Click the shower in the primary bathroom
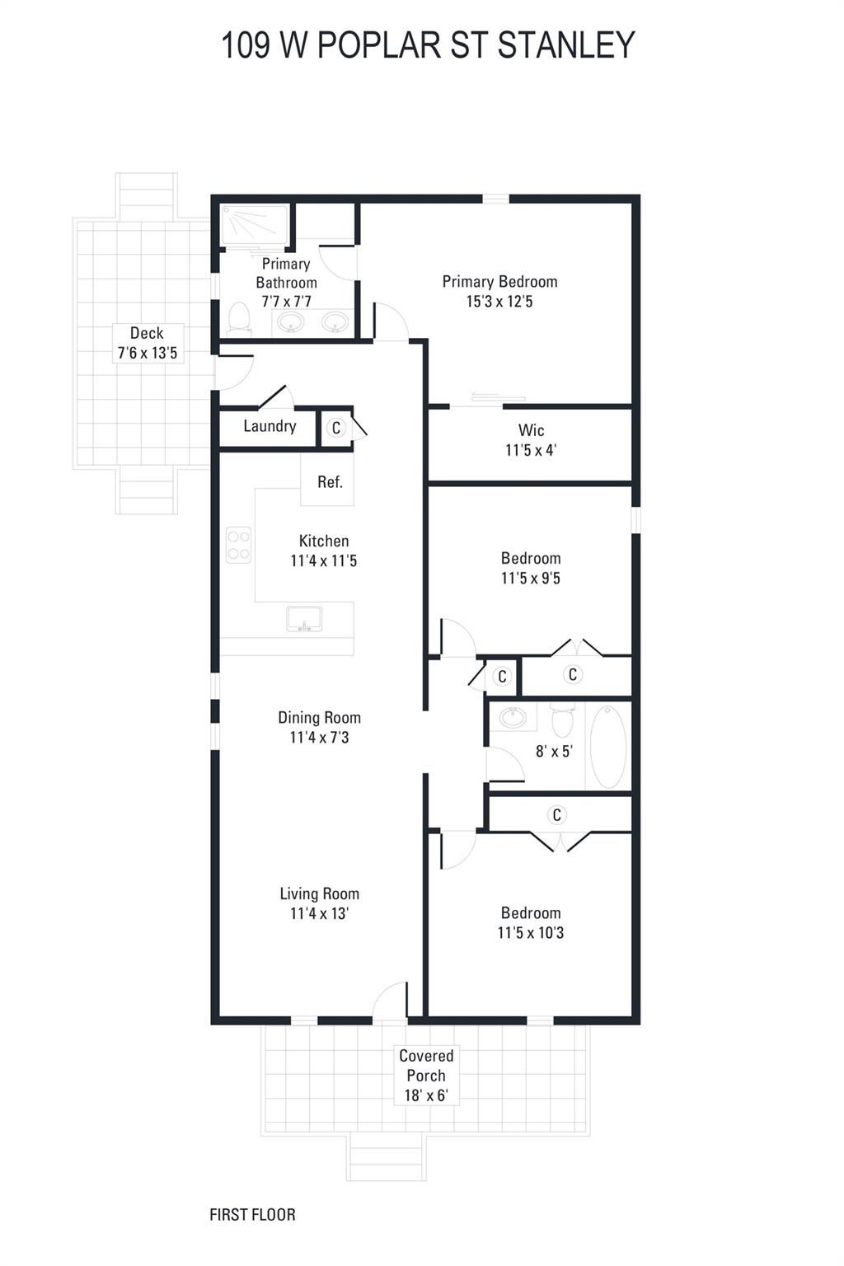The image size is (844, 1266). [255, 225]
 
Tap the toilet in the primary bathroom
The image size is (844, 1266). [239, 319]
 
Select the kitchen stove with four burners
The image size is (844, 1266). [239, 545]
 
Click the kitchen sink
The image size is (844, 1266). [304, 618]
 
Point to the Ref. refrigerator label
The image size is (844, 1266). [330, 482]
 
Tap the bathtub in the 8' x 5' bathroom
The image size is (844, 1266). [608, 747]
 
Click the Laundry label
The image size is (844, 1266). [270, 426]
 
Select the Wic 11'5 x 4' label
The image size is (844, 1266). [531, 440]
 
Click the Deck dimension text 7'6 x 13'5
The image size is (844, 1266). [147, 354]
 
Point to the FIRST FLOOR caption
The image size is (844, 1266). [252, 1214]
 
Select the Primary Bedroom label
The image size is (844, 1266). [499, 282]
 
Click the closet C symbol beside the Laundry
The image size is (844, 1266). [335, 428]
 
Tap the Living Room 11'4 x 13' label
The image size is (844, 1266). [319, 903]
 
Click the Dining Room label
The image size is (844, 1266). [319, 718]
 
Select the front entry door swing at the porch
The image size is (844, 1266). [390, 1001]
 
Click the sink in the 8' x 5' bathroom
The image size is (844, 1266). [513, 717]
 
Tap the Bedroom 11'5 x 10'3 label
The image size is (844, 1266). [531, 923]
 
